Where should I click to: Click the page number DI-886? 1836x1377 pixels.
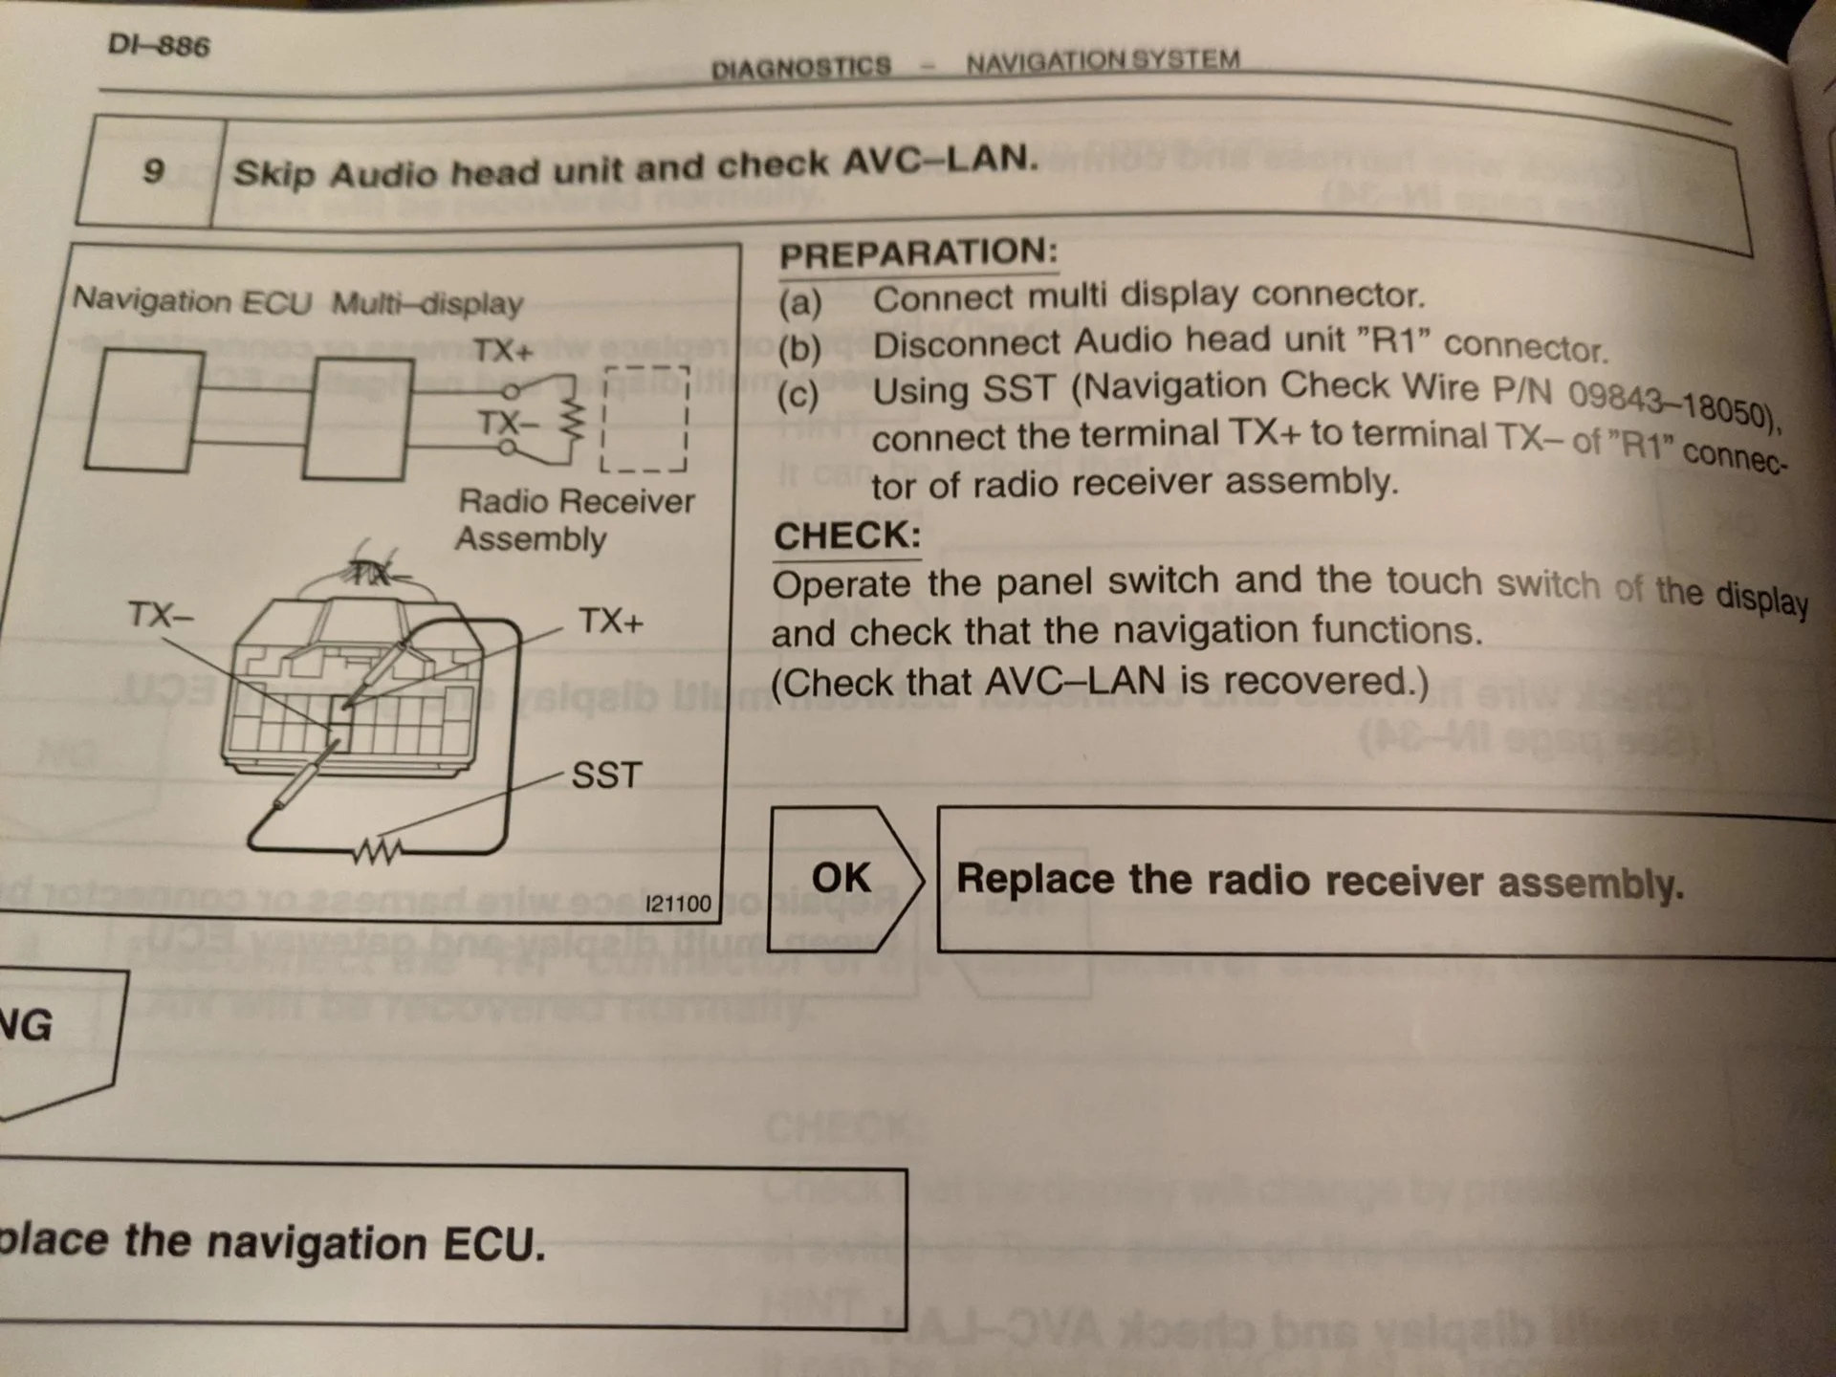pyautogui.click(x=159, y=45)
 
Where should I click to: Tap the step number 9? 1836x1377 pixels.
pyautogui.click(x=153, y=171)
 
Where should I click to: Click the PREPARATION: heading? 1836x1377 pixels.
pyautogui.click(x=918, y=253)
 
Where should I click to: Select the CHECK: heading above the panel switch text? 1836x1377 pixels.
pyautogui.click(x=846, y=536)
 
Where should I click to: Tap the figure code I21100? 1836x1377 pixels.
pyautogui.click(x=678, y=904)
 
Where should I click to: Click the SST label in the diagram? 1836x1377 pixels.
pyautogui.click(x=606, y=775)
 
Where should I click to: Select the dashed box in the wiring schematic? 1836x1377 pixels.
pyautogui.click(x=645, y=418)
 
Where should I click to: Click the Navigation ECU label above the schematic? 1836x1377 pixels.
pyautogui.click(x=192, y=300)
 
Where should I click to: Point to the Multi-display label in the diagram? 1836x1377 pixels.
pyautogui.click(x=427, y=304)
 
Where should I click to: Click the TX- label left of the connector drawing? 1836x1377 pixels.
pyautogui.click(x=160, y=615)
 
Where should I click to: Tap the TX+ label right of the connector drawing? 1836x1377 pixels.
pyautogui.click(x=611, y=622)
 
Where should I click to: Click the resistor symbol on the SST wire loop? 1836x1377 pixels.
pyautogui.click(x=378, y=850)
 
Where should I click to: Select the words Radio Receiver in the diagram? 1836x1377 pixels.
pyautogui.click(x=576, y=502)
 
